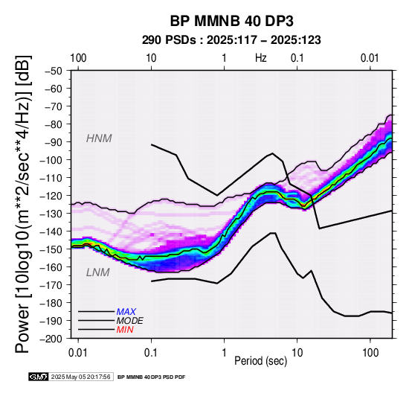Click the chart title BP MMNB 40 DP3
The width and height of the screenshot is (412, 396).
[231, 21]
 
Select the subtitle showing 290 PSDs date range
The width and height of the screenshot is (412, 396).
[231, 40]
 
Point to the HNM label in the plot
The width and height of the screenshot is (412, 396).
[99, 138]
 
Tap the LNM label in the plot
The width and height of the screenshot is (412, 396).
[97, 272]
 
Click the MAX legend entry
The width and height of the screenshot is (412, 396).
[126, 312]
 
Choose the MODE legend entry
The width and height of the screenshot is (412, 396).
[130, 321]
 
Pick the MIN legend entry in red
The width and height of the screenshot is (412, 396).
[125, 330]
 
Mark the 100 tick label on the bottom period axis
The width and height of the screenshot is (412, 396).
[370, 353]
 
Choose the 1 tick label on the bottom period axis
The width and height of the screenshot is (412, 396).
[224, 353]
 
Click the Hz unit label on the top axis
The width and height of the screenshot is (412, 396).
[261, 58]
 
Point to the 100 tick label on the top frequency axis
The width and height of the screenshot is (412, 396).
[78, 58]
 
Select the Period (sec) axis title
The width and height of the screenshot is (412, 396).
[260, 361]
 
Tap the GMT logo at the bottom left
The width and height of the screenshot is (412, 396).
[39, 377]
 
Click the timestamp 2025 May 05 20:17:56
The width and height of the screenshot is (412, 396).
[80, 377]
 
